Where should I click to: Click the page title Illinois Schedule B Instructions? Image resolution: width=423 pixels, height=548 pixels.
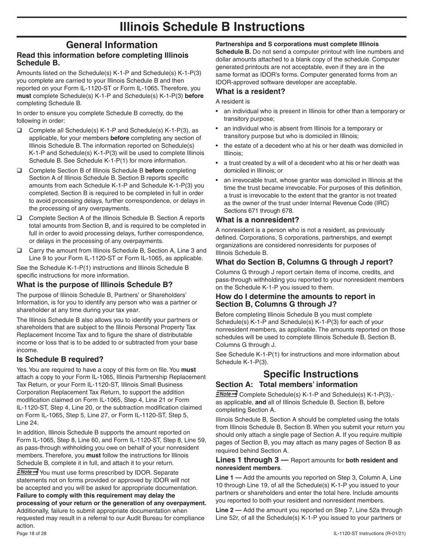pyautogui.click(x=212, y=27)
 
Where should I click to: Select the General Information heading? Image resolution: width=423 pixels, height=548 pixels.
pyautogui.click(x=112, y=45)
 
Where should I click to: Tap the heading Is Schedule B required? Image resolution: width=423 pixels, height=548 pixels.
pyautogui.click(x=60, y=359)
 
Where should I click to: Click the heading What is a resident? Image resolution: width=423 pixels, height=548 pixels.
pyautogui.click(x=250, y=92)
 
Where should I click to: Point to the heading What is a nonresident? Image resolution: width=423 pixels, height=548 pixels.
pyautogui.click(x=257, y=220)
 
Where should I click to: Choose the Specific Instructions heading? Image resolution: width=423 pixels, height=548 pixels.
pyautogui.click(x=311, y=374)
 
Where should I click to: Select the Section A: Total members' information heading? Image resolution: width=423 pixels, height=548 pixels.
pyautogui.click(x=293, y=384)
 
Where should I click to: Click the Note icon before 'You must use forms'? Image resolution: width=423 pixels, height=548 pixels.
pyautogui.click(x=27, y=472)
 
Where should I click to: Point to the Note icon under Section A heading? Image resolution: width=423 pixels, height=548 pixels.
pyautogui.click(x=226, y=394)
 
